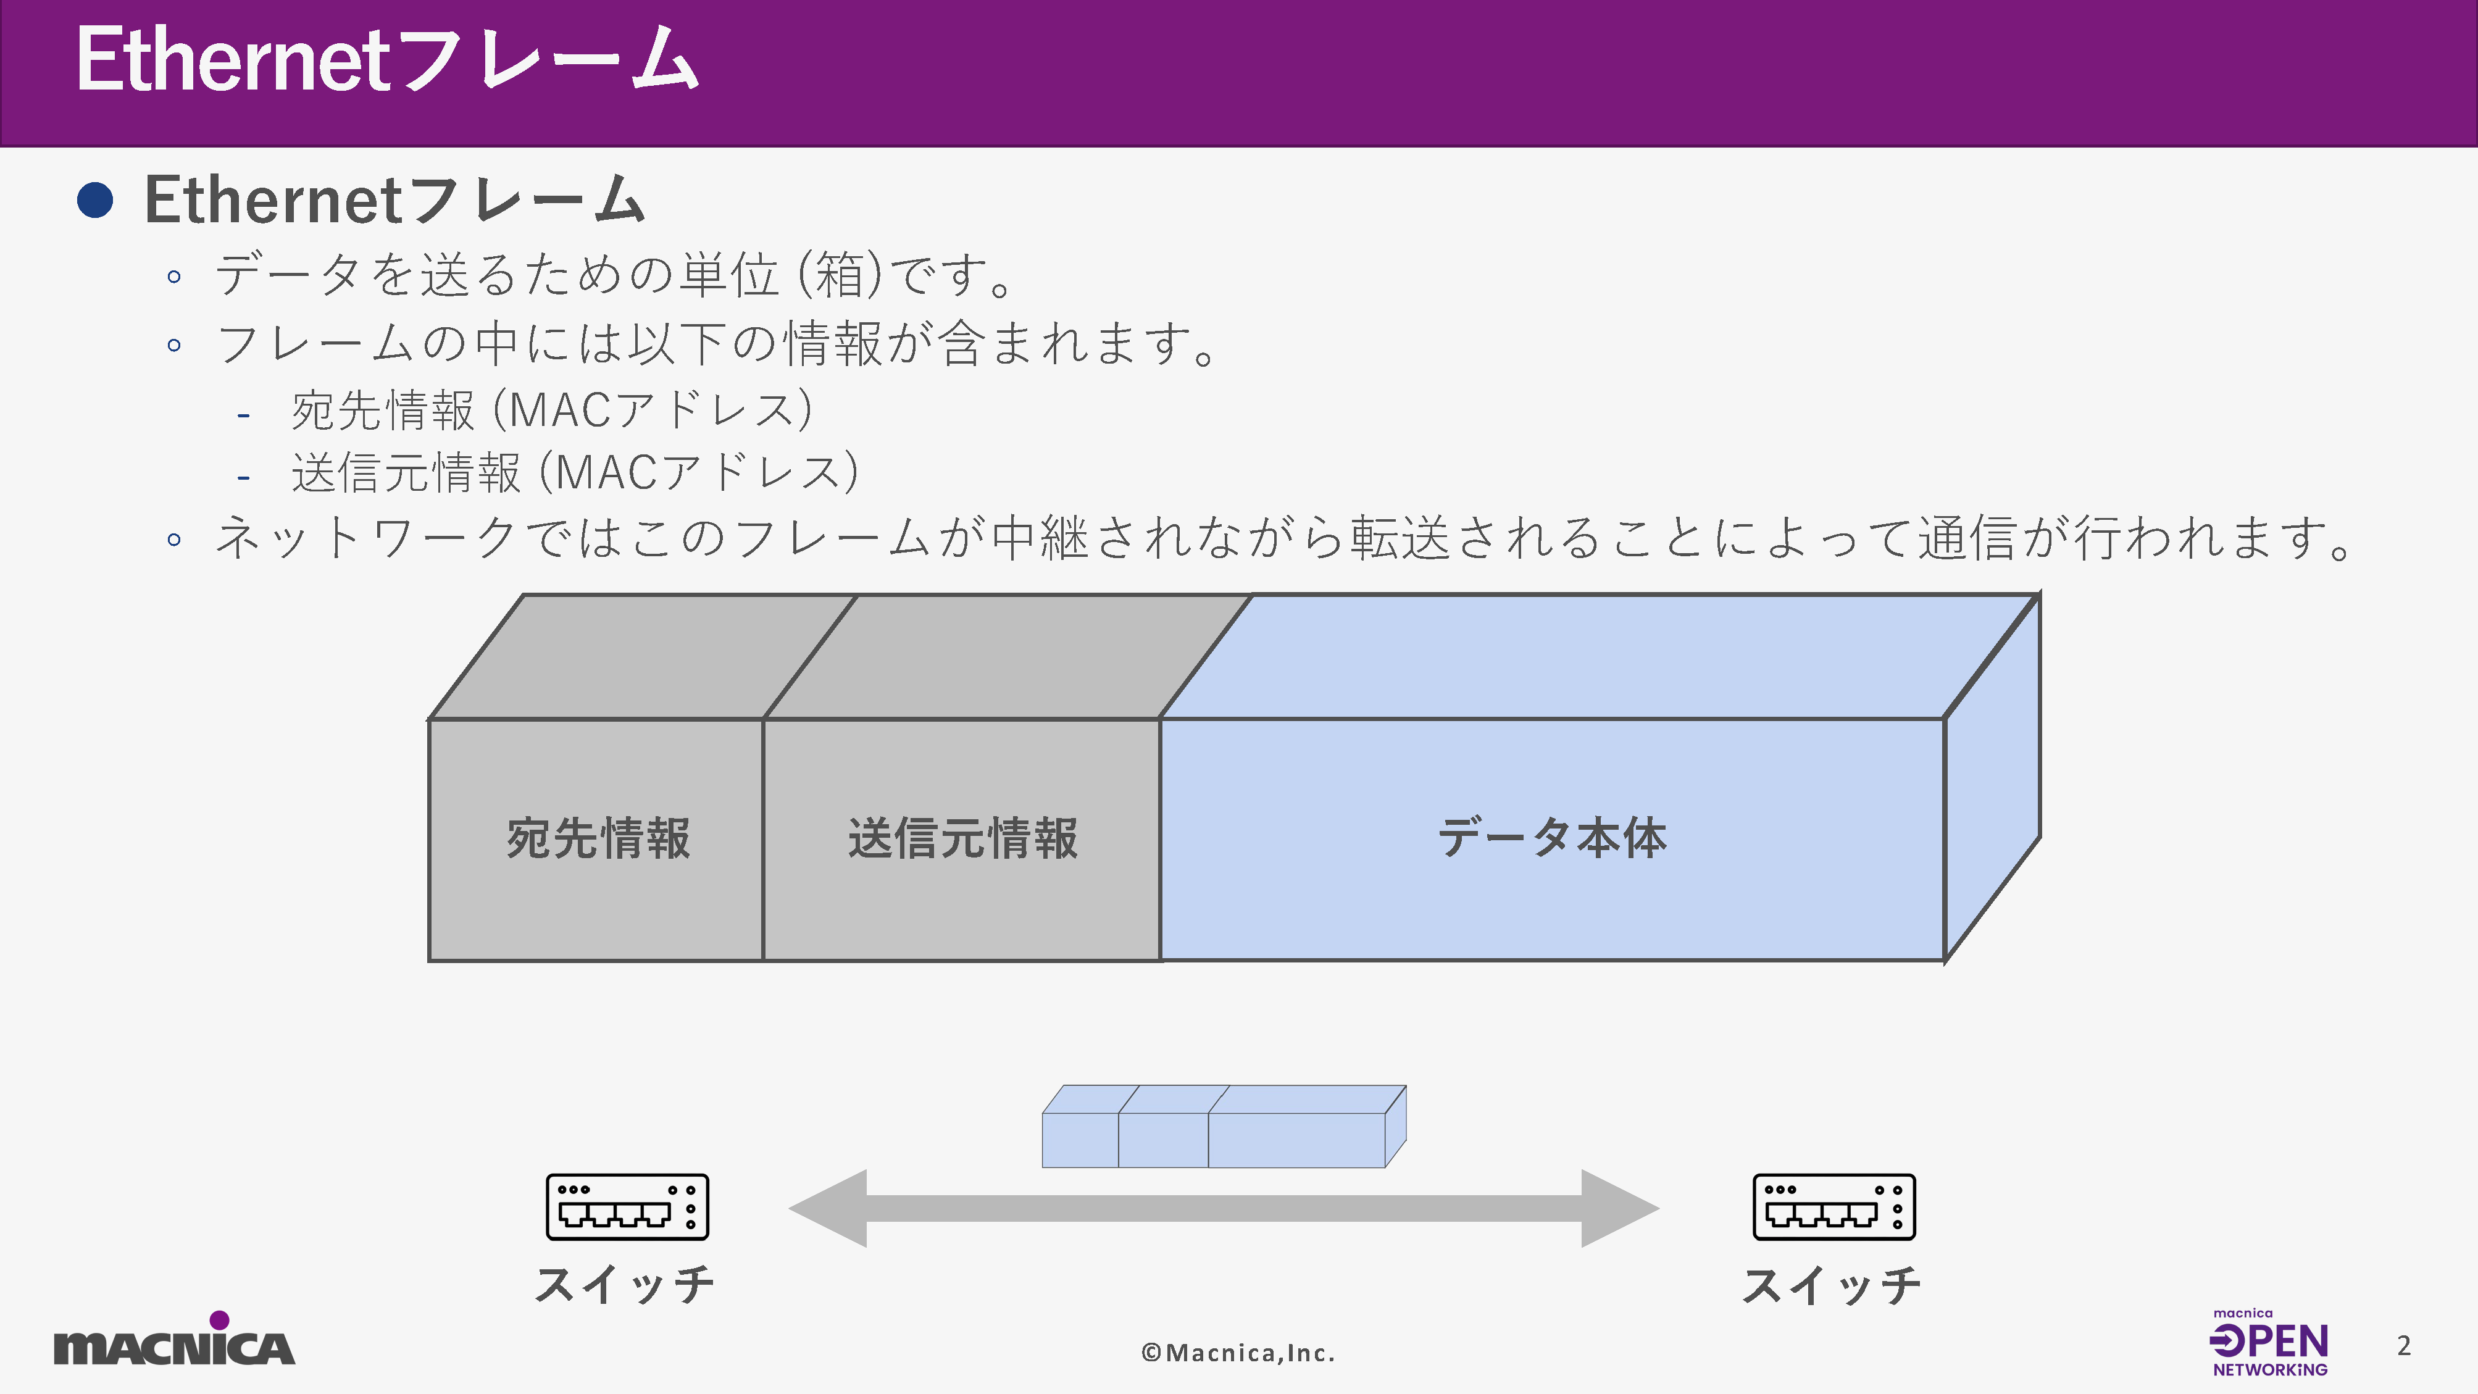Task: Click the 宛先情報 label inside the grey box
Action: pos(598,838)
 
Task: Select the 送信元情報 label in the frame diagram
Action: pos(962,838)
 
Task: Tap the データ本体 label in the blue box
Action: pos(1551,838)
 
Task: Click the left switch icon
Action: pos(627,1206)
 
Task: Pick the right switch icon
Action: pos(1833,1206)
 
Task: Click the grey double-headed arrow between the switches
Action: pos(1224,1208)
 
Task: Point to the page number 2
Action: pos(2404,1346)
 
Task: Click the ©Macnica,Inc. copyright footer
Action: pos(1238,1353)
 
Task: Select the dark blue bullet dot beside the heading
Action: pos(95,200)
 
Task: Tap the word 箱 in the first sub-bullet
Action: pos(840,275)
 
